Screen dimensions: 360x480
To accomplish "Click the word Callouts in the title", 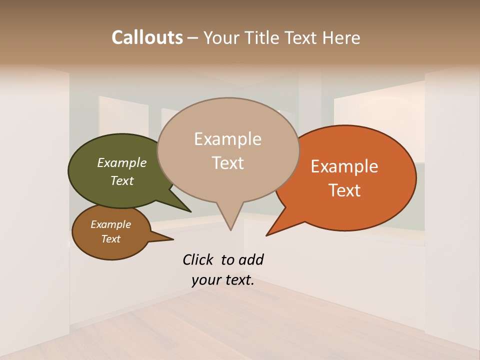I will click(147, 37).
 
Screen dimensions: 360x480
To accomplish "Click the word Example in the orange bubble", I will click(344, 166).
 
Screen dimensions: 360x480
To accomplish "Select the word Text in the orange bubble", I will click(344, 190).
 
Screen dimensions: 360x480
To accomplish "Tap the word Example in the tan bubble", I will click(227, 139).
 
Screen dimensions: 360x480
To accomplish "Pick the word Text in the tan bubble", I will click(228, 163).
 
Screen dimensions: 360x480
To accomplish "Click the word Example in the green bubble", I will click(121, 163).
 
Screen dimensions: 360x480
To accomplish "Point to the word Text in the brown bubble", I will click(110, 239).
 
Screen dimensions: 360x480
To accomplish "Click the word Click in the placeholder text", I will click(199, 259).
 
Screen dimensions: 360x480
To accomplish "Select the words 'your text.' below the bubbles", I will click(223, 280).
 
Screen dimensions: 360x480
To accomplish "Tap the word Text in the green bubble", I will click(121, 181).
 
